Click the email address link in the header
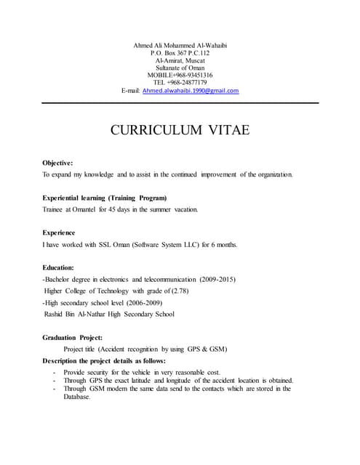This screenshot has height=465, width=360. click(190, 91)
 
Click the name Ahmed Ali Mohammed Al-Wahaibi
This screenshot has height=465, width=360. click(180, 46)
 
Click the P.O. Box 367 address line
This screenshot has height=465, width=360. click(180, 54)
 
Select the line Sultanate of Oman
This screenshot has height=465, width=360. click(180, 67)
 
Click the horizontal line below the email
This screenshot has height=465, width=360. click(180, 103)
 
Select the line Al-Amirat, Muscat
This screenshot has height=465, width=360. click(180, 60)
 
